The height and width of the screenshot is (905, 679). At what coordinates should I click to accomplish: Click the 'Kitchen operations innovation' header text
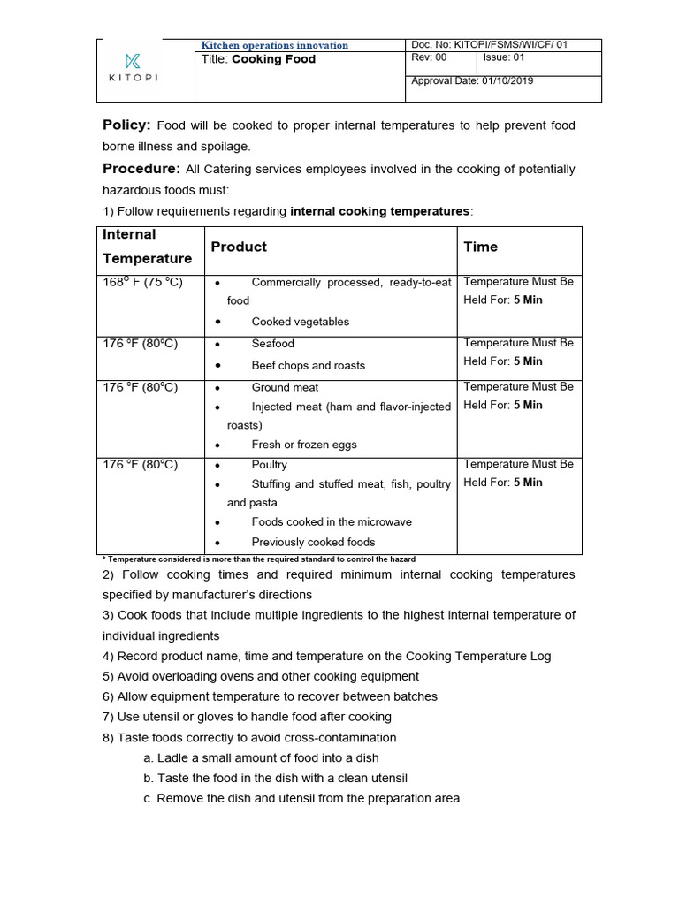[x=275, y=45]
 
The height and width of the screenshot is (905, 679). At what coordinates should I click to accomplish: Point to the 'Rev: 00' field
[x=430, y=58]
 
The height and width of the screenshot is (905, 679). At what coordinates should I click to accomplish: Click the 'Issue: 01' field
[x=504, y=58]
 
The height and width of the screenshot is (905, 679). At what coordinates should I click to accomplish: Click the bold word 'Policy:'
[x=127, y=125]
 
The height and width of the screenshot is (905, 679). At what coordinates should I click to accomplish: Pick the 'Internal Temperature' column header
[x=147, y=247]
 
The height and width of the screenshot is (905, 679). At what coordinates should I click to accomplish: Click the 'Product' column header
[x=239, y=247]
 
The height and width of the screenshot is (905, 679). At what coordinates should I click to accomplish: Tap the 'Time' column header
[x=480, y=247]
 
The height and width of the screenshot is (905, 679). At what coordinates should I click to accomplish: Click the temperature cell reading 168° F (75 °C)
[x=142, y=282]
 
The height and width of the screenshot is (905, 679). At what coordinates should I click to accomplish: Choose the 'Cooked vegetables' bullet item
[x=300, y=322]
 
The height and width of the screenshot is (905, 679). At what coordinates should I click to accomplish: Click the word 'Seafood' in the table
[x=272, y=343]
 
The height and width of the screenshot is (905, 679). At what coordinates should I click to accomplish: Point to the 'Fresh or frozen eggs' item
[x=304, y=445]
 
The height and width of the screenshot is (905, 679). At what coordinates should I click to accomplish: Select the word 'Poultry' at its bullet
[x=269, y=464]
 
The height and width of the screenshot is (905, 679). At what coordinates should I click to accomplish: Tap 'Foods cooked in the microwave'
[x=332, y=521]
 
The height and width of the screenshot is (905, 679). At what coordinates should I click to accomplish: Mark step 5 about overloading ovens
[x=261, y=676]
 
